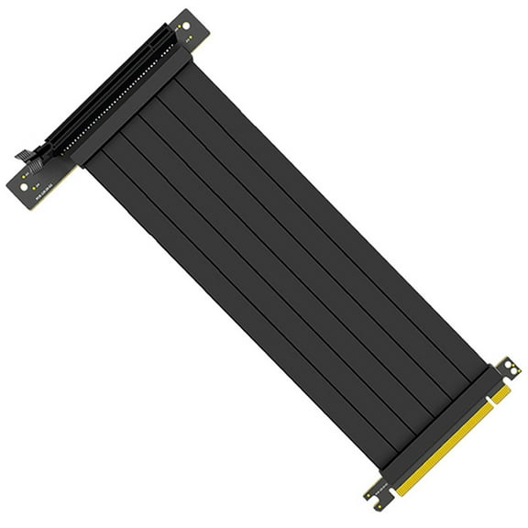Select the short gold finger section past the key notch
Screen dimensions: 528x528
tap(500, 392)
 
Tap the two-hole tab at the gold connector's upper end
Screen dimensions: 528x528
tap(507, 368)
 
